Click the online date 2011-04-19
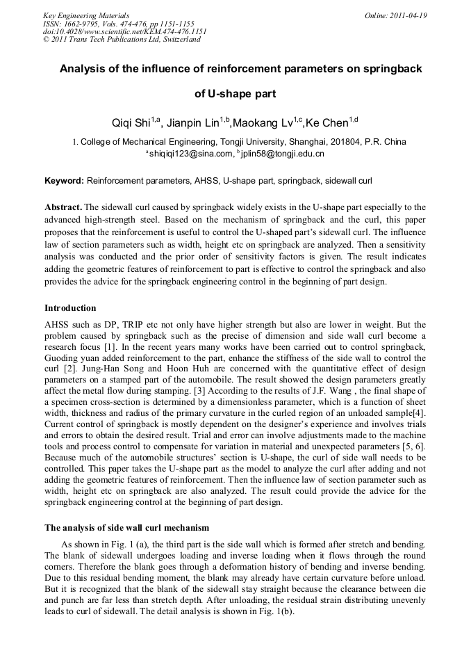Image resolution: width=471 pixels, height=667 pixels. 408,15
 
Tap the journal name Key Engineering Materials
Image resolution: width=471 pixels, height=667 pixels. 86,15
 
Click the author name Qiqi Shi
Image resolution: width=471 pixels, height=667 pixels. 131,124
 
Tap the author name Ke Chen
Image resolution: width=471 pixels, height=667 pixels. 327,124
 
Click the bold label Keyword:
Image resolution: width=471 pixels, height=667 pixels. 64,181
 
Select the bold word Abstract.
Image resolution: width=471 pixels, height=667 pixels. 63,207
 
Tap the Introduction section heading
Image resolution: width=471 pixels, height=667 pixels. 70,307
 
